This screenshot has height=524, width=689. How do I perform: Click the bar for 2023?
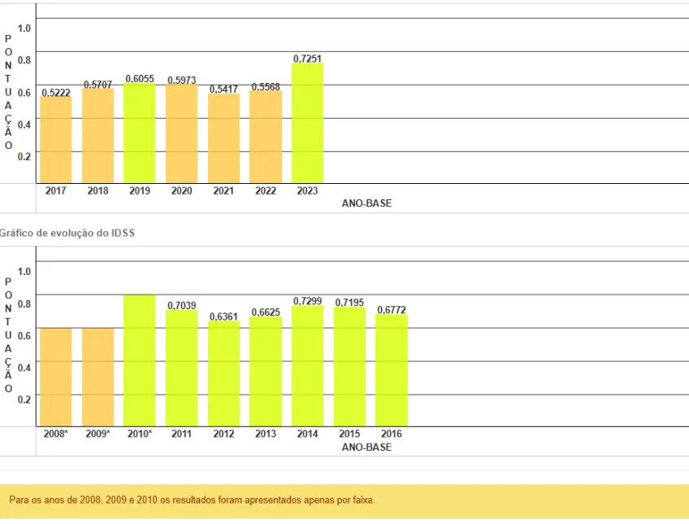tap(307, 123)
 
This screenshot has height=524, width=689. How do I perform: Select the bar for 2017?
tap(56, 139)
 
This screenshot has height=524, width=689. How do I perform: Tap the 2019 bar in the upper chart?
tap(140, 133)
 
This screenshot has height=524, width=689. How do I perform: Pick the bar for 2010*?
tap(140, 360)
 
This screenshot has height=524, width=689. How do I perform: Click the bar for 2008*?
tap(56, 377)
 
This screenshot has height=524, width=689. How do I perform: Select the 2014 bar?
tap(307, 366)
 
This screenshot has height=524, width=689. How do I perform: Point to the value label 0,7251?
tap(307, 58)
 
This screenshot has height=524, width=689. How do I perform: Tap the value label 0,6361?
tap(223, 317)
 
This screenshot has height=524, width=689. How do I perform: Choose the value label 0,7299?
tap(307, 301)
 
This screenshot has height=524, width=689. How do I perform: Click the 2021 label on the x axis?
tap(223, 191)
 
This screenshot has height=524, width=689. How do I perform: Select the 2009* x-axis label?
tap(97, 434)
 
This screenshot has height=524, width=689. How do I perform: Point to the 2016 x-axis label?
tap(391, 434)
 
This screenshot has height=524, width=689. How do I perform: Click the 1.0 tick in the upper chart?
tap(24, 28)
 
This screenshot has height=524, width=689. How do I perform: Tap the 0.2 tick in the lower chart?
tap(24, 399)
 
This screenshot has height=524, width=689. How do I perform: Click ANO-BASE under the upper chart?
tap(366, 203)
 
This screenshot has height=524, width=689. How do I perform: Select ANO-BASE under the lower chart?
tap(366, 448)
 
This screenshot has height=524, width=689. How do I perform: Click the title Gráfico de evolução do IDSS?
tap(68, 233)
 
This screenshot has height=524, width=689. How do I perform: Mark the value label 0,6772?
tap(391, 310)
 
